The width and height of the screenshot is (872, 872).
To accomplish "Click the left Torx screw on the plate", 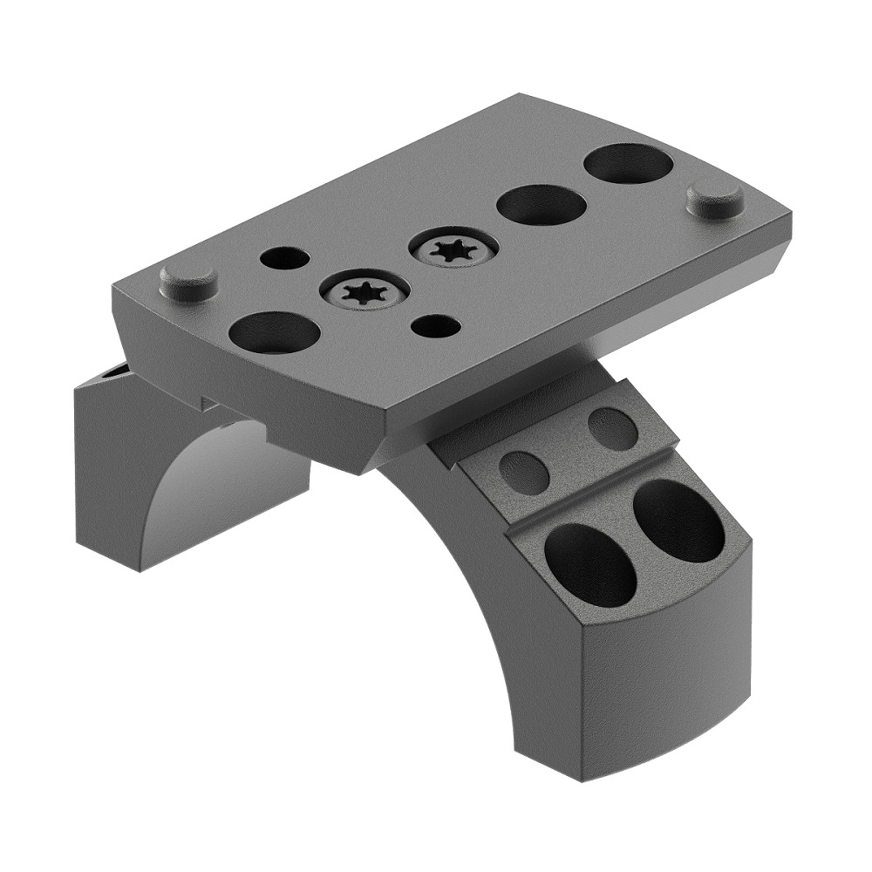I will click(x=364, y=292).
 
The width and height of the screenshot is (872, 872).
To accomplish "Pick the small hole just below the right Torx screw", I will click(x=436, y=326).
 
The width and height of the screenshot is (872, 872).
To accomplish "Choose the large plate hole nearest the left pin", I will click(x=274, y=332).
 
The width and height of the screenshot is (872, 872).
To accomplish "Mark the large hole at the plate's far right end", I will click(x=628, y=164).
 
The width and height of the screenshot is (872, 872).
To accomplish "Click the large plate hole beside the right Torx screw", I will click(x=542, y=206).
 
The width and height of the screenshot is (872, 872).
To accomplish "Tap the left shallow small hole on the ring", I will click(x=524, y=472).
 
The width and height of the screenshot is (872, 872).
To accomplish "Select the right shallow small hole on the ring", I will click(x=612, y=429).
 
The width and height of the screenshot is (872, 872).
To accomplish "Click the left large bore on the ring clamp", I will click(x=590, y=565).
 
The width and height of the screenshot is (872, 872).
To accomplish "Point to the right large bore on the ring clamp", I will click(x=678, y=521).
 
